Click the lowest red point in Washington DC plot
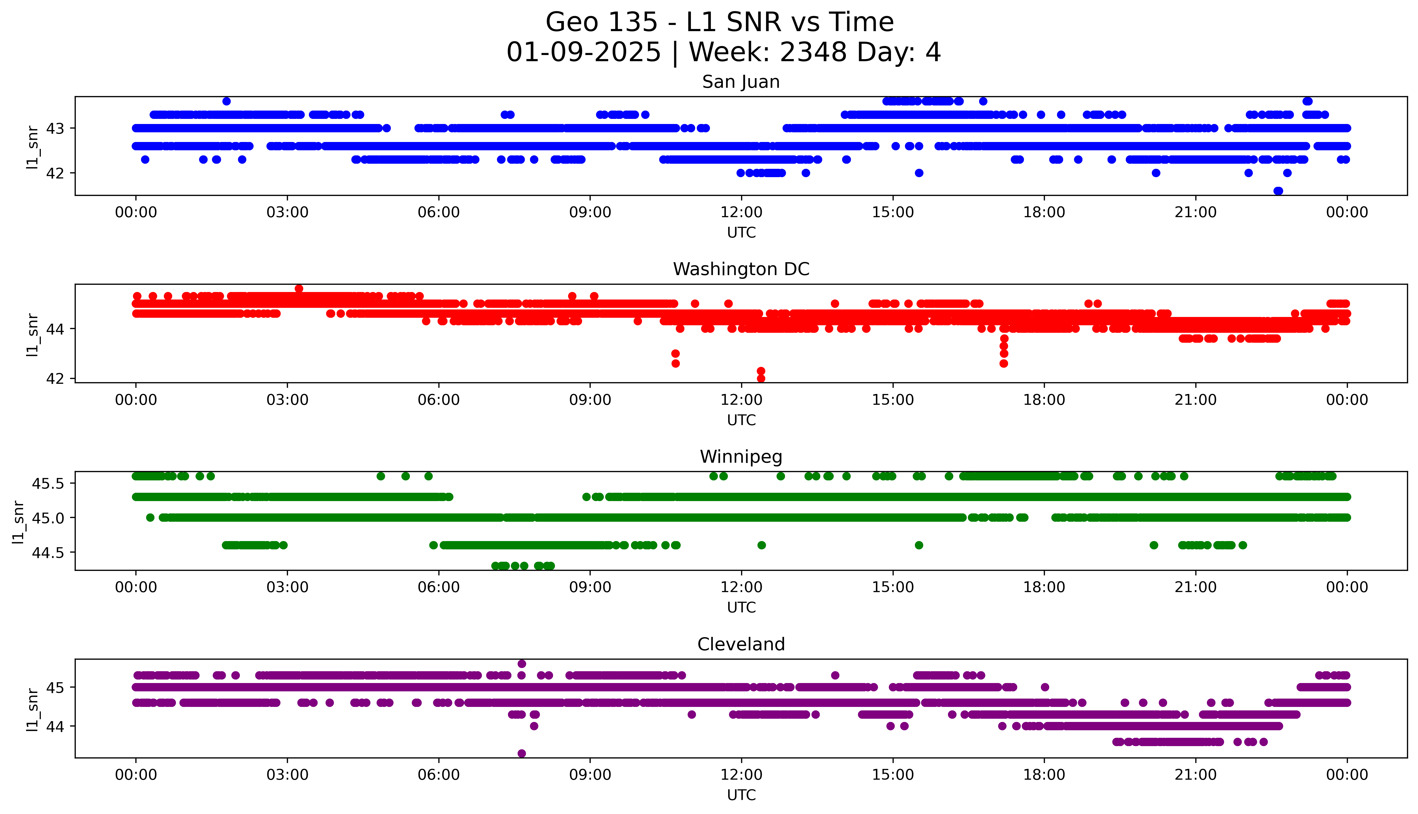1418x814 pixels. [x=761, y=378]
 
